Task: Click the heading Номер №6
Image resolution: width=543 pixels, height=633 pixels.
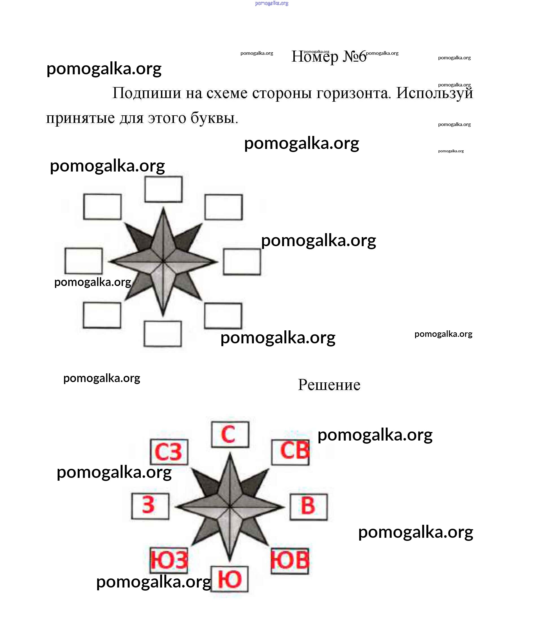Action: click(329, 57)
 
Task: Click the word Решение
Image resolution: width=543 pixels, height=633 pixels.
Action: click(329, 385)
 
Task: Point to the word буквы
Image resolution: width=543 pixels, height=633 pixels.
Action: click(214, 118)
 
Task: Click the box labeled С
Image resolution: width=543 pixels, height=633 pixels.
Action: click(230, 434)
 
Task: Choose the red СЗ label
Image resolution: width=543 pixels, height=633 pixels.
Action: click(169, 452)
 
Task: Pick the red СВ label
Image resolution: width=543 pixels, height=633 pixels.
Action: click(291, 452)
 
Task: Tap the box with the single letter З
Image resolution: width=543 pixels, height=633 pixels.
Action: click(150, 506)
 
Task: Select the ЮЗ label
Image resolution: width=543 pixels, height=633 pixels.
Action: click(169, 560)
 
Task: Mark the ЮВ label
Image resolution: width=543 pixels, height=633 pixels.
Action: click(290, 561)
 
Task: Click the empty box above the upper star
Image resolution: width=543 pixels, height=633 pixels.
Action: click(163, 189)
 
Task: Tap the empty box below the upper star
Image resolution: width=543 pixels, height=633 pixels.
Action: click(163, 334)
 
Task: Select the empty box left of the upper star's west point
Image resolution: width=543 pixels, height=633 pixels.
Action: click(84, 261)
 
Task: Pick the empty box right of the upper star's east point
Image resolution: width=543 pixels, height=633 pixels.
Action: click(242, 262)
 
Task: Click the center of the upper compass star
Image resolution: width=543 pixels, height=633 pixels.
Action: click(163, 261)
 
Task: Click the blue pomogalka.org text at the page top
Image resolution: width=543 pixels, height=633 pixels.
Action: click(272, 3)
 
